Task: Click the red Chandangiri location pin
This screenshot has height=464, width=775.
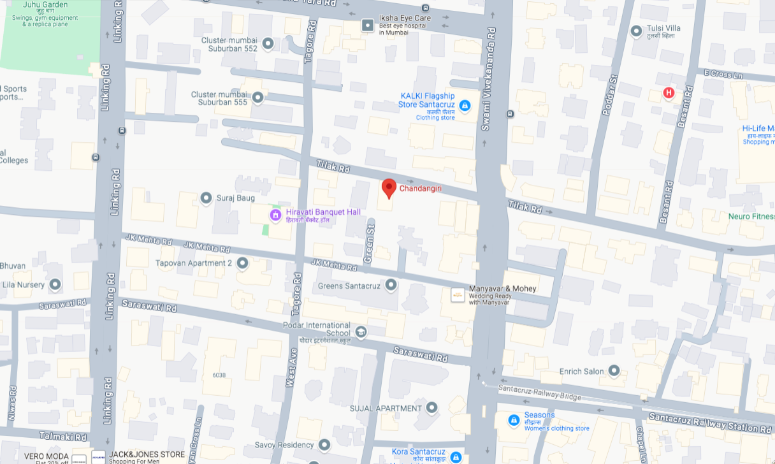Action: (x=389, y=188)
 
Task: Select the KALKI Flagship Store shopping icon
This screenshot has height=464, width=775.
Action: (x=465, y=106)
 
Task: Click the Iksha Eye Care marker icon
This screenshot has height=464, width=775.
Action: (x=368, y=25)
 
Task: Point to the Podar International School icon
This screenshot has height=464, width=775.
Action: (x=361, y=332)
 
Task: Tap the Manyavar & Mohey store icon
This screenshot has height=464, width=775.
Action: (x=458, y=294)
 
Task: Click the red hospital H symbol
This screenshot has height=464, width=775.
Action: (x=669, y=93)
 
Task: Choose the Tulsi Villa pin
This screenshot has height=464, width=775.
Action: (x=635, y=31)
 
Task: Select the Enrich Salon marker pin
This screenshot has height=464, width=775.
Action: (x=614, y=370)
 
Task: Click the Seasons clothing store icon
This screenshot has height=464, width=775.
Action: (x=514, y=421)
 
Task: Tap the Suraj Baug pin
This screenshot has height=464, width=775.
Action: (x=206, y=198)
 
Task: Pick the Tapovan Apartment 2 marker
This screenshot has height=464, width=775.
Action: (x=242, y=263)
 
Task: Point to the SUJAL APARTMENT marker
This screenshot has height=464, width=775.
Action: (x=431, y=407)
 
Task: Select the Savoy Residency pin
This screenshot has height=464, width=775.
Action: (x=324, y=444)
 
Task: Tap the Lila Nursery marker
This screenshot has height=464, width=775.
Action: (x=55, y=284)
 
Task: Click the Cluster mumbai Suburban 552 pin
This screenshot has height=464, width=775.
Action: (x=268, y=43)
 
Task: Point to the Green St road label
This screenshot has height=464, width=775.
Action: (x=368, y=241)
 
